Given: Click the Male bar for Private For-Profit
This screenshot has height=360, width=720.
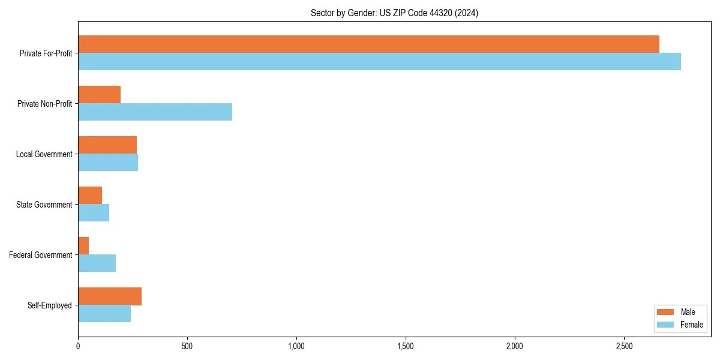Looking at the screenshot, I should point(368,44).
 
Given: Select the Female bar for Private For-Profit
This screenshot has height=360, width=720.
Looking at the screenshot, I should point(379,62).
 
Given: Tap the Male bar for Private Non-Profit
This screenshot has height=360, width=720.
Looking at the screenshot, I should point(99,95).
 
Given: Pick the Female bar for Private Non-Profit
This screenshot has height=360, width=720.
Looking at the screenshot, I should point(155,112).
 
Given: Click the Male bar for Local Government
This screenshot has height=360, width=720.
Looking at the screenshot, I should point(107,145).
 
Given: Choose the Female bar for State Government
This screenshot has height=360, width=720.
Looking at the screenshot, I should point(94,213).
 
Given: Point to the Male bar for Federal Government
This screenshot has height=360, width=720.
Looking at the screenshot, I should point(83,246).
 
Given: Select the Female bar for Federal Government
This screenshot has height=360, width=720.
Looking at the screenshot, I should point(97,263).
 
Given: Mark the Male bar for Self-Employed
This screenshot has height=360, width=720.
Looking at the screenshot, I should point(110,296).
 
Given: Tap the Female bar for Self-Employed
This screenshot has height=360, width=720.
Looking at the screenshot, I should point(104,314).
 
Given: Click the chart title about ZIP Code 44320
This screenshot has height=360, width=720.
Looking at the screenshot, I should point(394,13).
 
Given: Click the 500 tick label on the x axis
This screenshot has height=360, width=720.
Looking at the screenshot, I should point(187,346).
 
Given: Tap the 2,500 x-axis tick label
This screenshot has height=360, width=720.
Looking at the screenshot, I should point(624,346).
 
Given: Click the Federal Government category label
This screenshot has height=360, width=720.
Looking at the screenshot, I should point(41,255).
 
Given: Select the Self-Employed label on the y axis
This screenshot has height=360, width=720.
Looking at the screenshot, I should point(50,305).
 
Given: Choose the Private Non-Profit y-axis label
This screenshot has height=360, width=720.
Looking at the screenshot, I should point(45,104).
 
